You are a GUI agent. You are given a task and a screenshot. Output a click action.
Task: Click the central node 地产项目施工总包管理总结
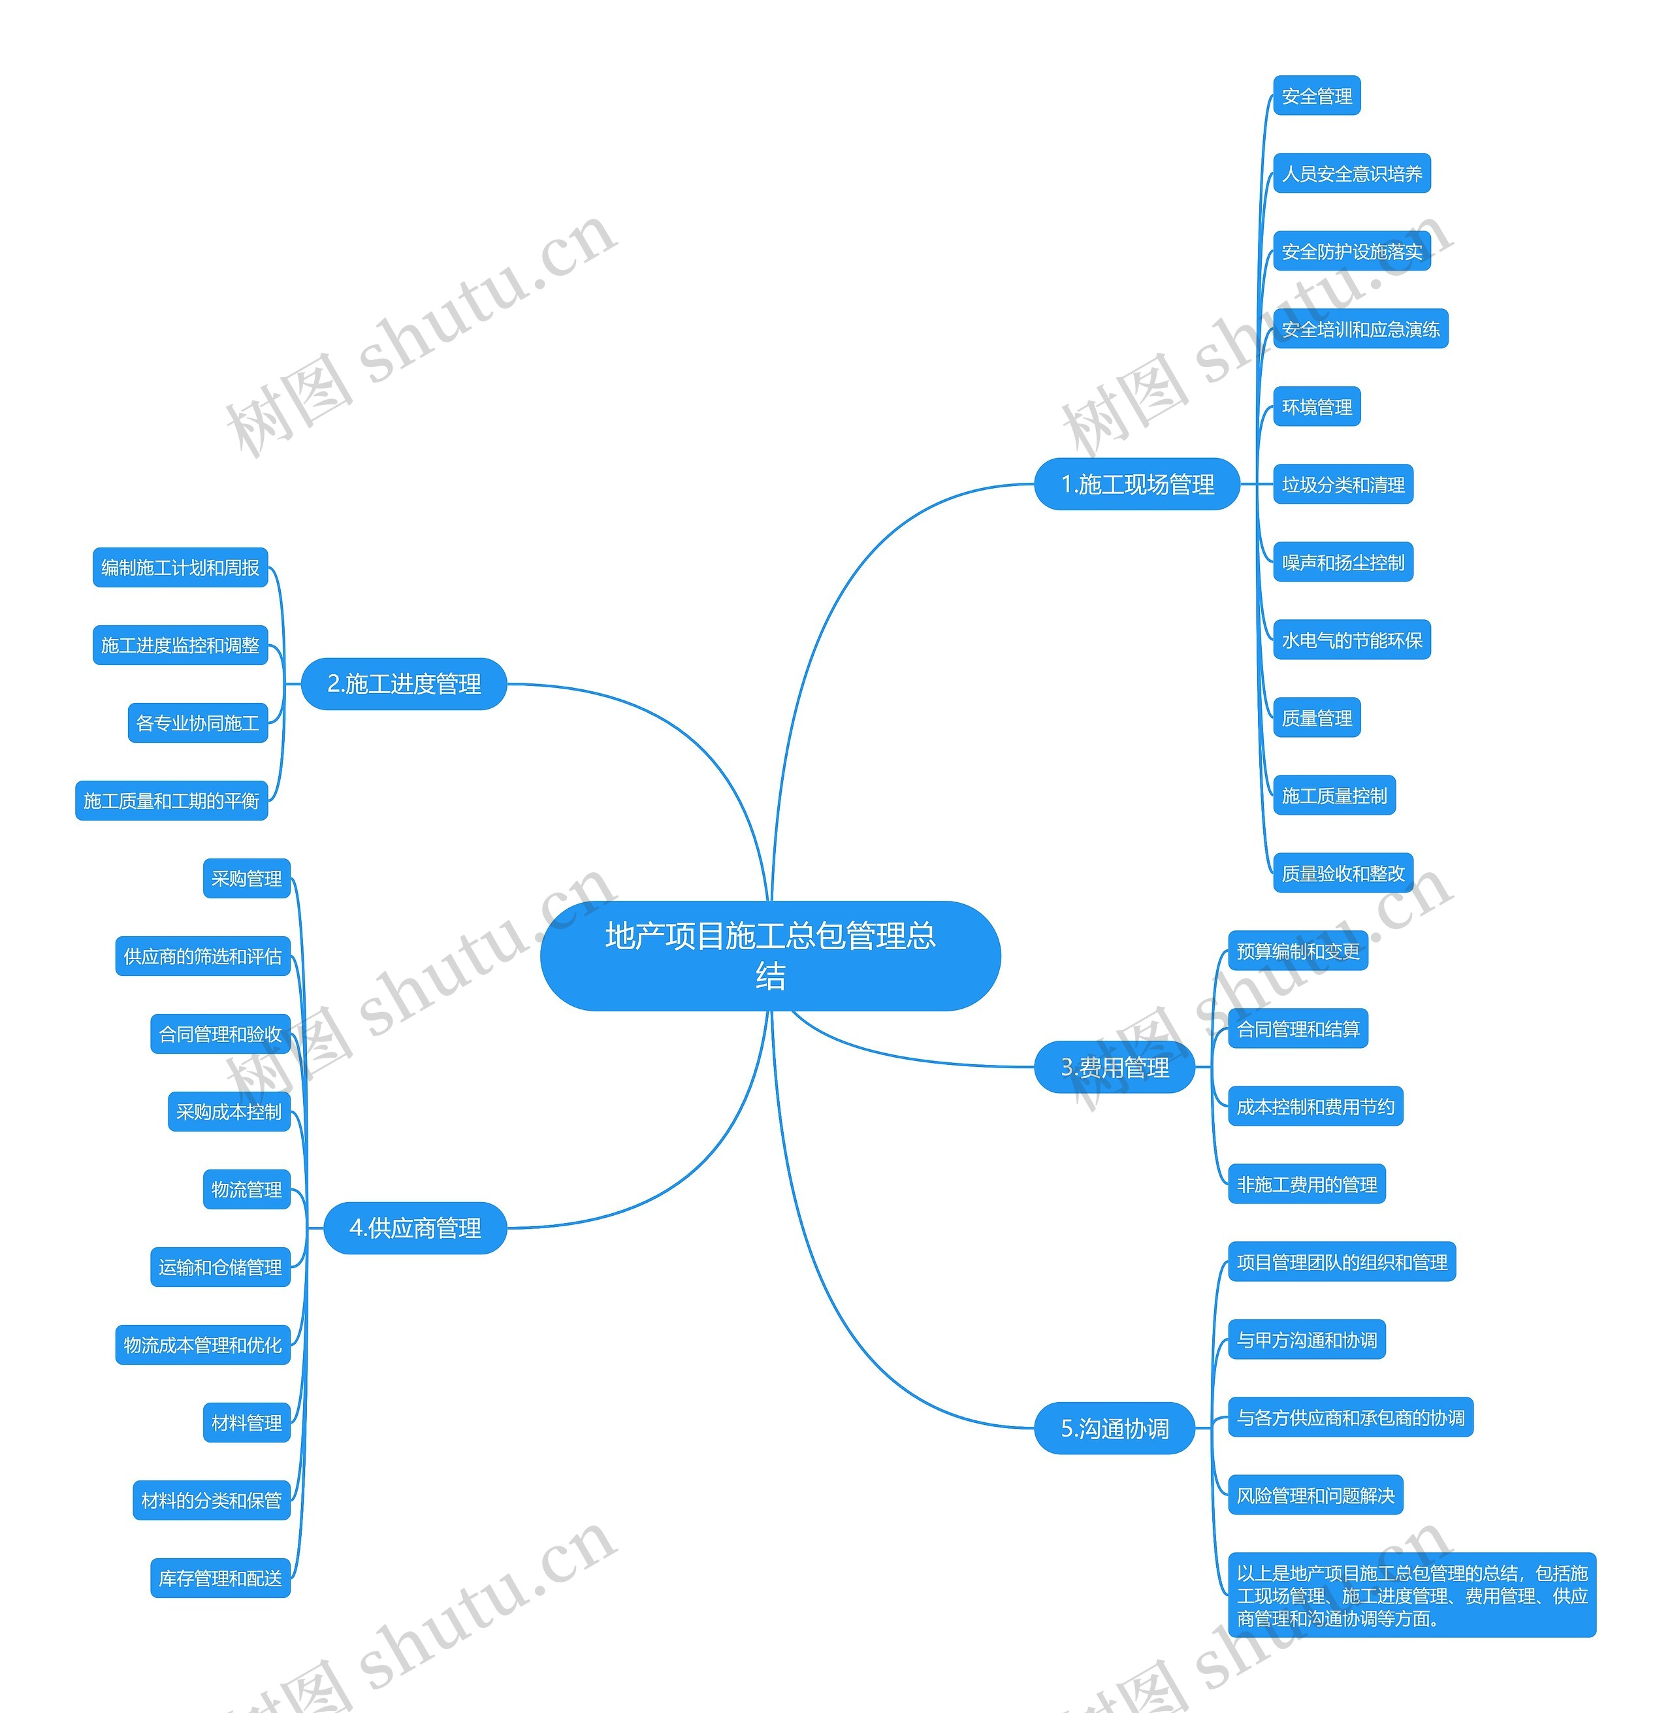click(770, 956)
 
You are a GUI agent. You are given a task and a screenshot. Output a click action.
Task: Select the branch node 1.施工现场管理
click(1137, 484)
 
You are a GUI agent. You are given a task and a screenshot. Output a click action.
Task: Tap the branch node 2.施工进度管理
click(404, 683)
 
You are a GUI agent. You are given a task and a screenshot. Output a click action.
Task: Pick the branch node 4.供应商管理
click(415, 1228)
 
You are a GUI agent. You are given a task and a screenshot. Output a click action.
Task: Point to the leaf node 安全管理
click(1316, 96)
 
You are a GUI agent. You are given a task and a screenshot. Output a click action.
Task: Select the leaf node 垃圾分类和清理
click(1343, 484)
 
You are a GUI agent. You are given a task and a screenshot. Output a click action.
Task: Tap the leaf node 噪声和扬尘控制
click(1343, 563)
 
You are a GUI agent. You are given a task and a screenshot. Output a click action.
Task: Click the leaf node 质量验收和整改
click(1343, 873)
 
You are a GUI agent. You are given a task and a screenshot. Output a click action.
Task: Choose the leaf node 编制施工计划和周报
click(180, 568)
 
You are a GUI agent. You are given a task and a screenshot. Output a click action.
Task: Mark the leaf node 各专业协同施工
click(198, 723)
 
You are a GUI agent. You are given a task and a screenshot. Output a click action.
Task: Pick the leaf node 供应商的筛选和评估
click(203, 956)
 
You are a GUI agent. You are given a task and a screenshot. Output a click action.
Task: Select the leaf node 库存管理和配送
click(220, 1578)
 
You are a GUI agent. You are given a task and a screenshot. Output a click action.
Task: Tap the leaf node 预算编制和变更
click(1298, 951)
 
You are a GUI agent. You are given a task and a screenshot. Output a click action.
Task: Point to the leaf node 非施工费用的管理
click(1307, 1184)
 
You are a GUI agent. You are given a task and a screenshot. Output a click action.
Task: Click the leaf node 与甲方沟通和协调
click(1307, 1340)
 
